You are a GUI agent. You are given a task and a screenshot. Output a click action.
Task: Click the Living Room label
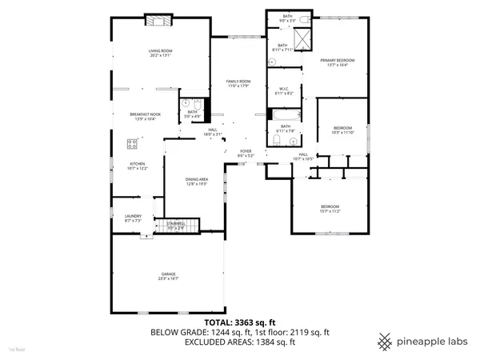coord(160,53)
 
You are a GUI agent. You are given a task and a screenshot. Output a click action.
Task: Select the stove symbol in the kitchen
coord(131,144)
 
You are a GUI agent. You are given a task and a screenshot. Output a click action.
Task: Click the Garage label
coord(166,276)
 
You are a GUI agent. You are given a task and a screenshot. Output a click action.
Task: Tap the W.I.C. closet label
coord(284,91)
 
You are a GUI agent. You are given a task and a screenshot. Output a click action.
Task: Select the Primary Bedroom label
coord(338,62)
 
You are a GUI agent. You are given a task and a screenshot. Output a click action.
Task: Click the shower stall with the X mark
coord(302,38)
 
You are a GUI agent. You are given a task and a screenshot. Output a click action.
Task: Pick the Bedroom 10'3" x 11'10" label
coord(342,130)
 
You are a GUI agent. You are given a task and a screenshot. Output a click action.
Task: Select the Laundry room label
coord(133,218)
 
